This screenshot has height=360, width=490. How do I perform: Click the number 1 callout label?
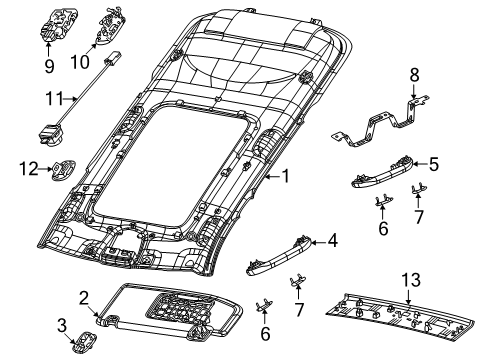(285, 178)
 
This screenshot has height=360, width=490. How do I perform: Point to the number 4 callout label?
(333, 240)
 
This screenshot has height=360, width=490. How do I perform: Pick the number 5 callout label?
(433, 161)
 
